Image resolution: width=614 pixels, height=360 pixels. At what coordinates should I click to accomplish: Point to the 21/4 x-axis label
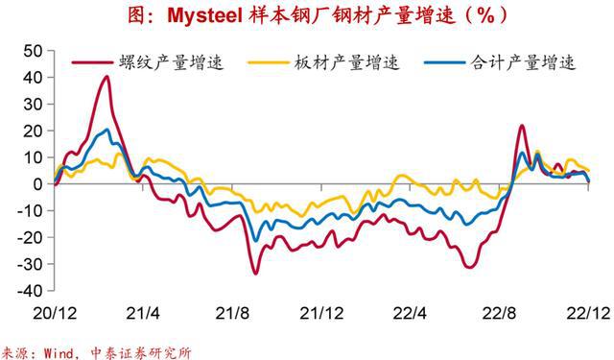click(x=143, y=313)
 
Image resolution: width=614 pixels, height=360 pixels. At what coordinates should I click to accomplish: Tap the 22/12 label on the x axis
click(x=586, y=313)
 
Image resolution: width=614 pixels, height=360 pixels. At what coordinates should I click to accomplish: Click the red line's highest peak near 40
click(x=106, y=77)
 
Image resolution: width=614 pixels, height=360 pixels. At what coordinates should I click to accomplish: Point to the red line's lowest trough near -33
click(x=255, y=273)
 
